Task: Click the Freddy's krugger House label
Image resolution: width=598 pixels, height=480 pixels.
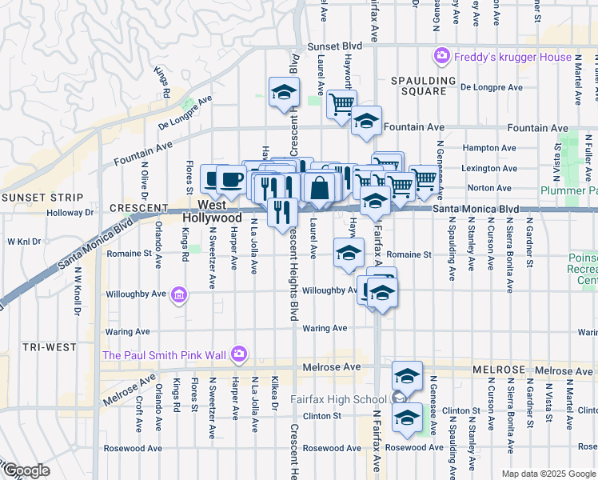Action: [x=513, y=57]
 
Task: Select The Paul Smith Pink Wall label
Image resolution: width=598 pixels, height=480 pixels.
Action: [x=164, y=354]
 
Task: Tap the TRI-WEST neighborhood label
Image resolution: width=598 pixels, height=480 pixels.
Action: [x=50, y=347]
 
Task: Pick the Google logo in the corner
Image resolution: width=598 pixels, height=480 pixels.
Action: [x=26, y=470]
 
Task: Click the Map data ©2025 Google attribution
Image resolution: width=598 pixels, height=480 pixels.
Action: [x=548, y=474]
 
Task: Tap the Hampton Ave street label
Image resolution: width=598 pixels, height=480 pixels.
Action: [x=490, y=147]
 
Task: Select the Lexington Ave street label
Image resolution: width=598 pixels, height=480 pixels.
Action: [x=492, y=168]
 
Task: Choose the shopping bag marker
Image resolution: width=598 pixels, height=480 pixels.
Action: [x=319, y=189]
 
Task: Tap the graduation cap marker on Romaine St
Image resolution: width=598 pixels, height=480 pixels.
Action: [x=349, y=254]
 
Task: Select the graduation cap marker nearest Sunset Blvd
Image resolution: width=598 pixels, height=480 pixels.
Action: [x=283, y=93]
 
